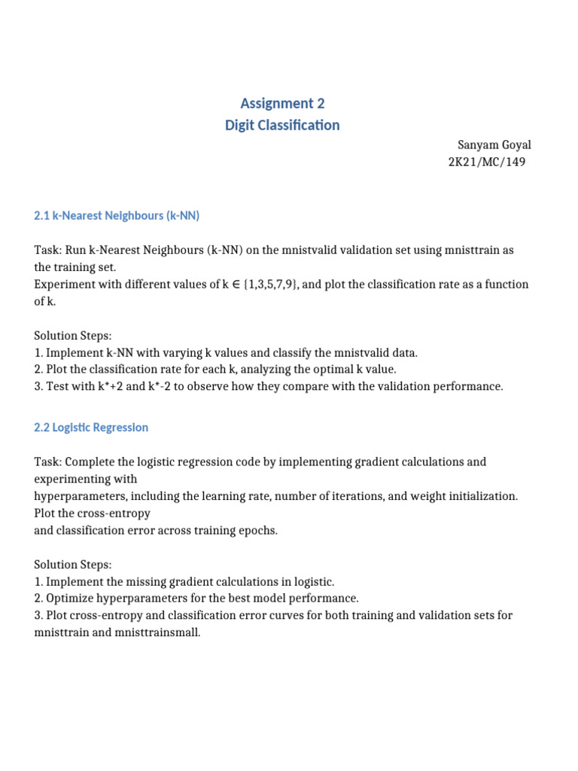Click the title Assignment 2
pos(282,103)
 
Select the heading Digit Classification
pos(282,125)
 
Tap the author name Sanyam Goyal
pos(494,145)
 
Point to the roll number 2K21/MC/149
pos(486,162)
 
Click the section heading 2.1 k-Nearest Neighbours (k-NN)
pos(117,216)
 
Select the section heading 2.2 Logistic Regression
pos(91,428)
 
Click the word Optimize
pos(71,599)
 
